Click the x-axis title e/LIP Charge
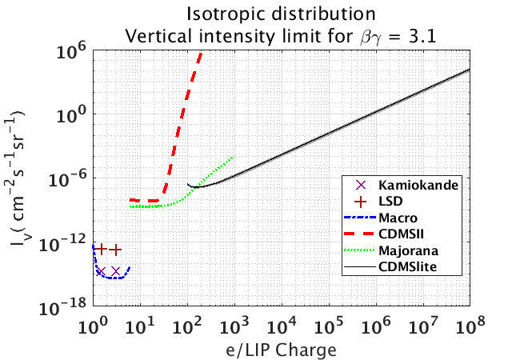(x=281, y=350)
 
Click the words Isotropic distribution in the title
(x=282, y=14)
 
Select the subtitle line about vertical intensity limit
(x=282, y=34)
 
